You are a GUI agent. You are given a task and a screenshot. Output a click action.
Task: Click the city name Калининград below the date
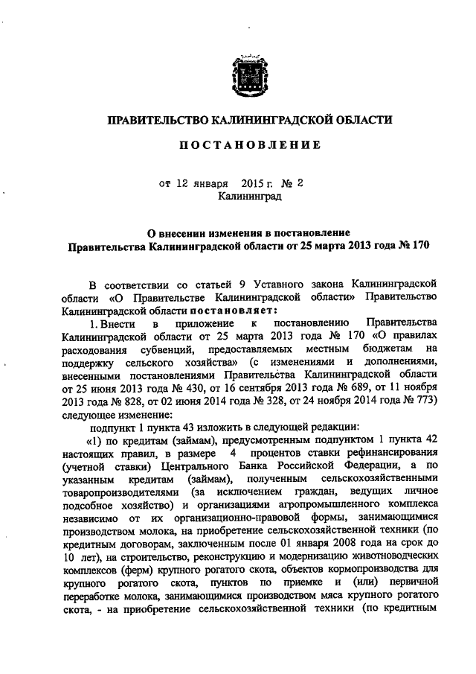click(250, 196)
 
